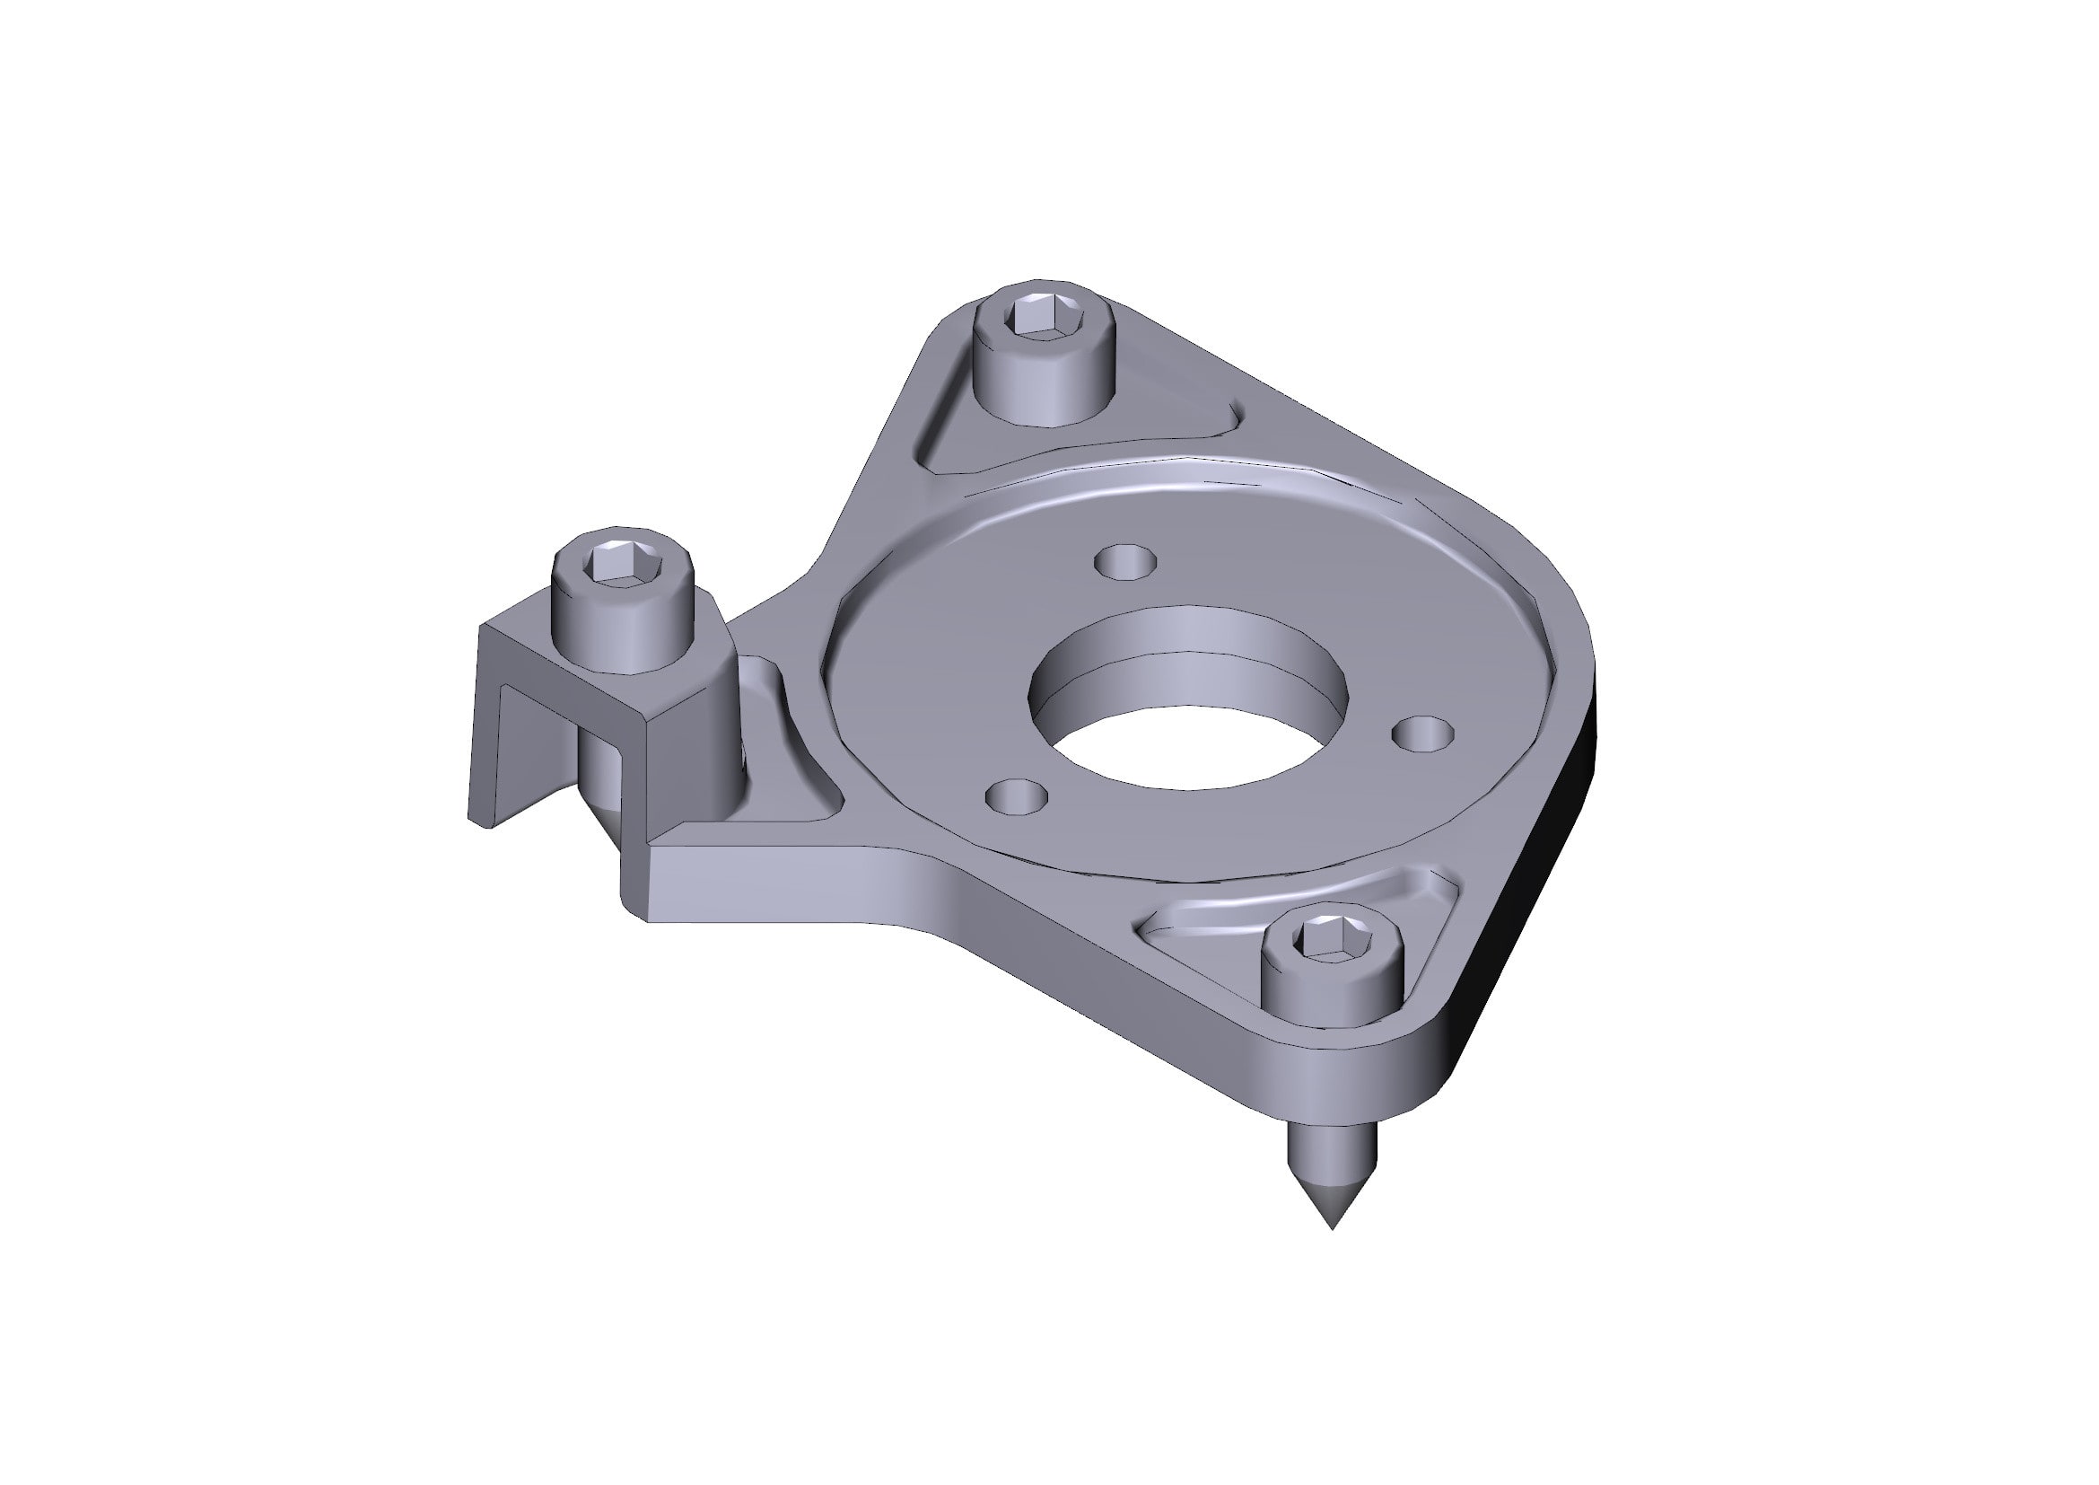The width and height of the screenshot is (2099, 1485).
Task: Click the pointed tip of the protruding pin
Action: pos(1332,1226)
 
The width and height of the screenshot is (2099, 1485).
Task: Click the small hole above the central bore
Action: pos(1125,561)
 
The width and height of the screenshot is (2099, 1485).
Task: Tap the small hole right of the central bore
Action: pos(1423,734)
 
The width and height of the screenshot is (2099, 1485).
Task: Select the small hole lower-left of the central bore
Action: pos(1017,796)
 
